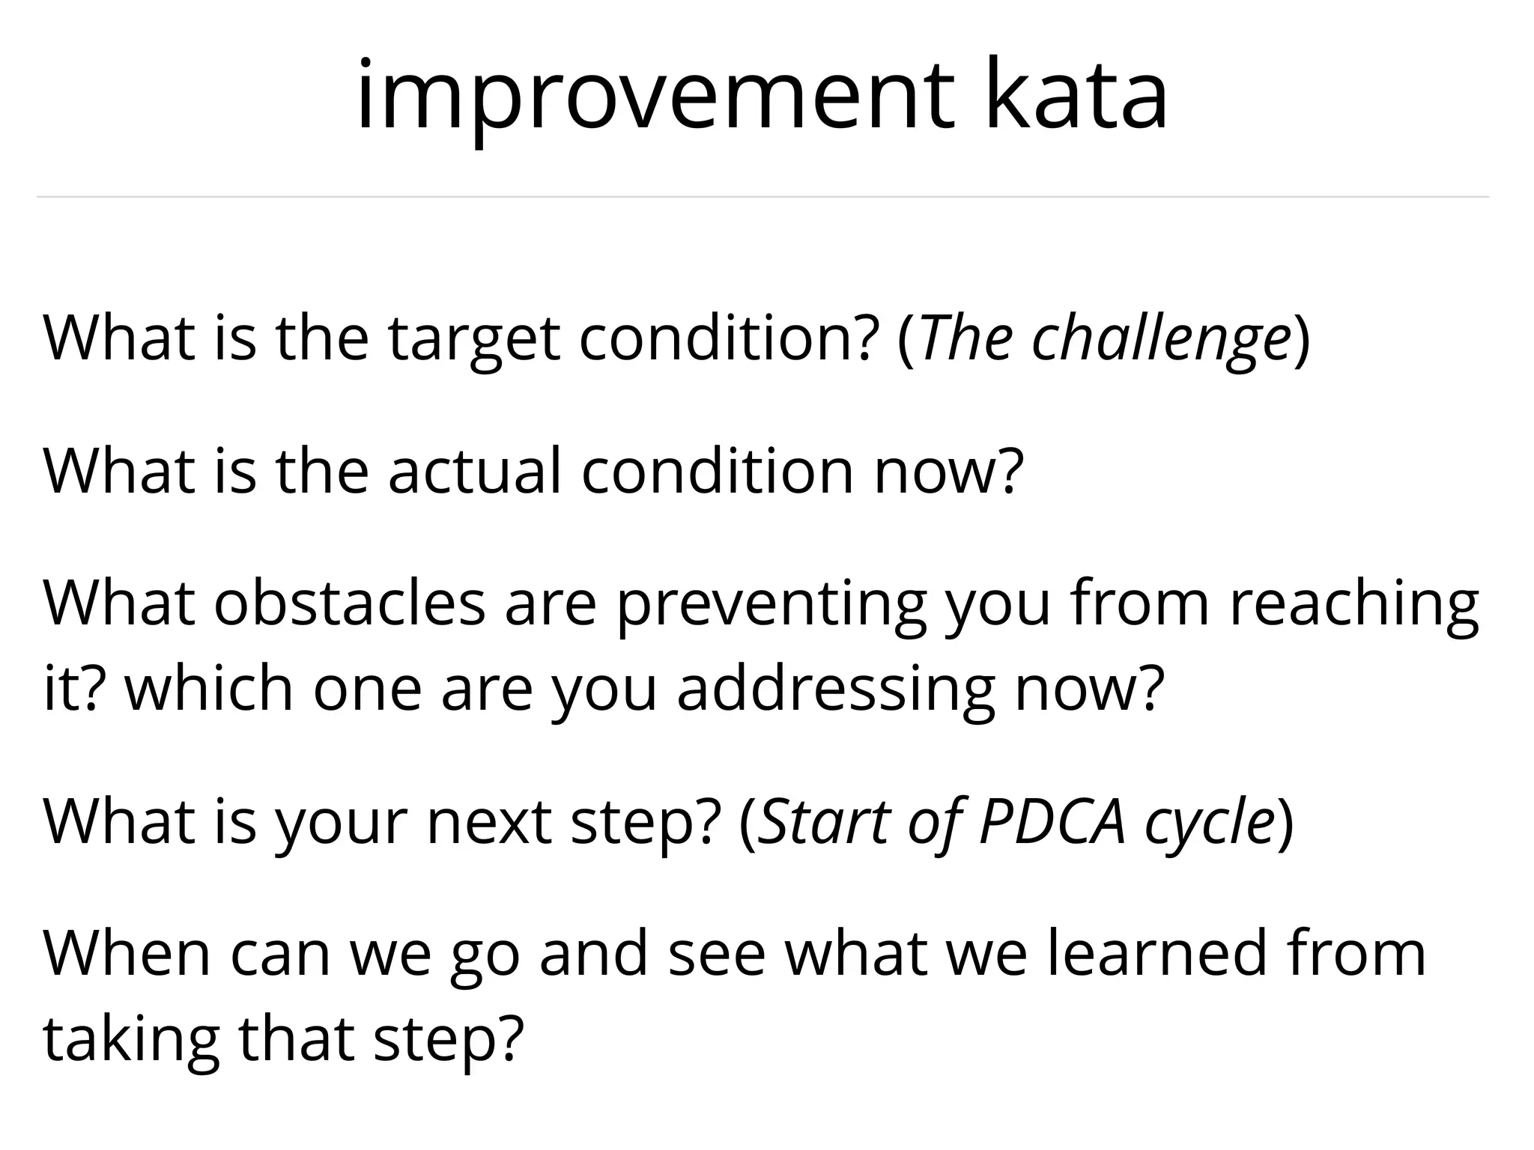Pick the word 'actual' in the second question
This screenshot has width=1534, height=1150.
click(x=474, y=472)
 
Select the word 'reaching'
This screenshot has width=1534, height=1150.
click(x=1354, y=605)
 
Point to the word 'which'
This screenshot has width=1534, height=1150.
click(x=208, y=689)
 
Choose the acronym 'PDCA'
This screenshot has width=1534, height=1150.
click(x=1052, y=822)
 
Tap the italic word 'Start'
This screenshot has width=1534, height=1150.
click(x=822, y=822)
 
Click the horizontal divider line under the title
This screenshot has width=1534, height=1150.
click(x=763, y=197)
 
